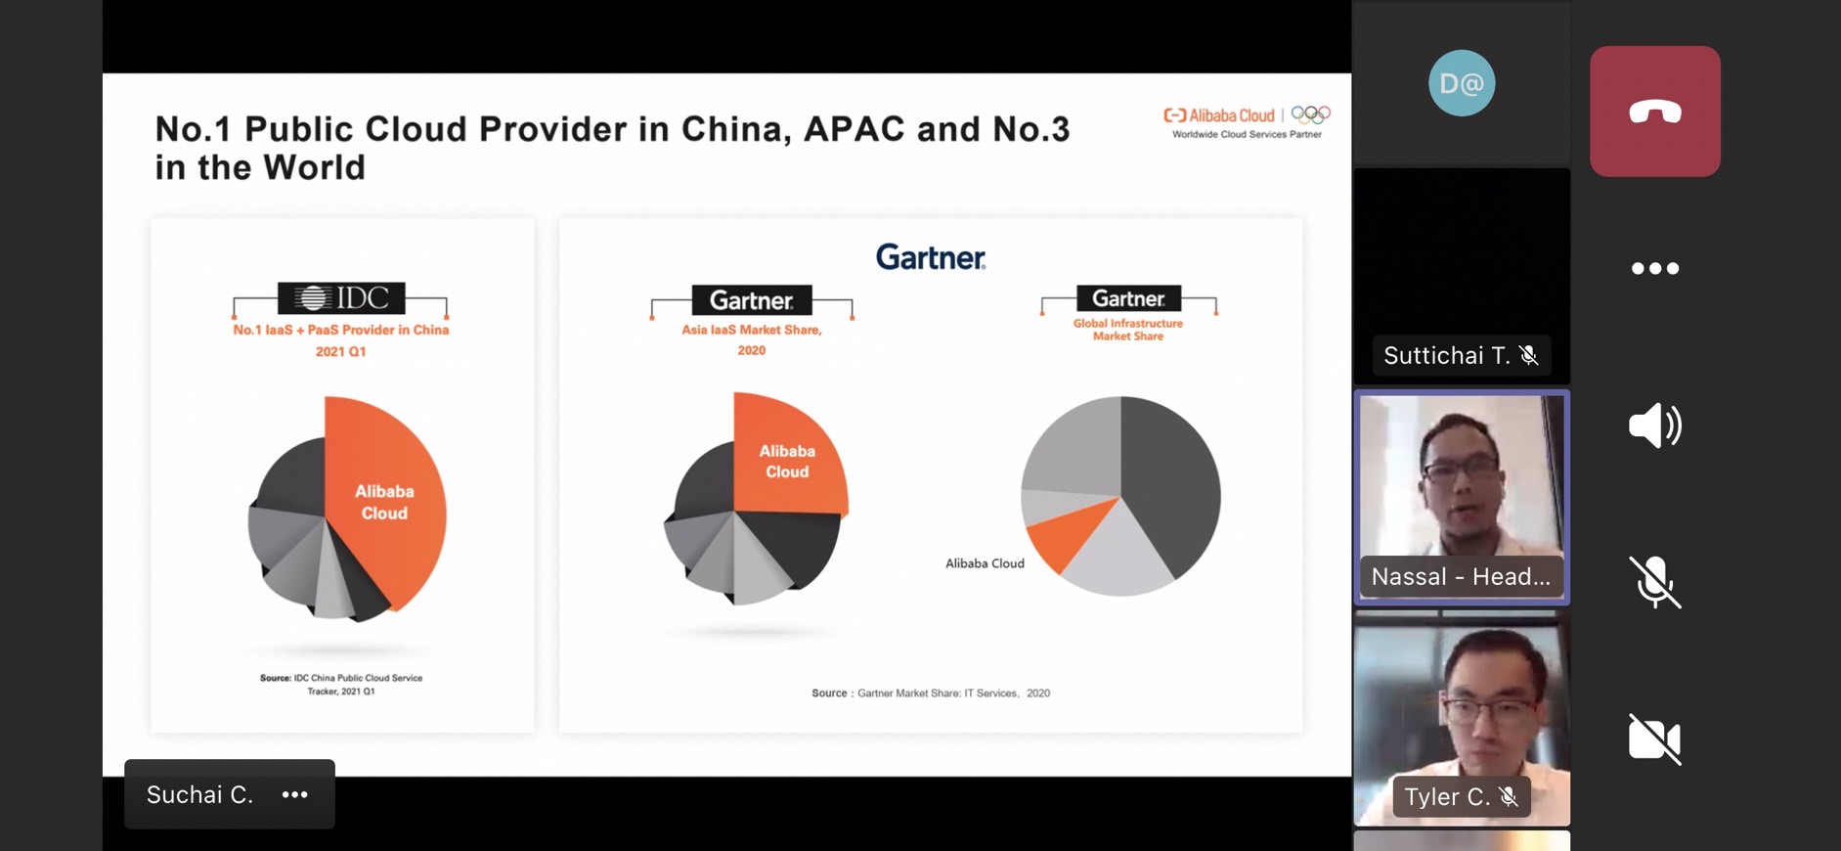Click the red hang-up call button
pos(1655,112)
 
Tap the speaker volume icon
pos(1655,425)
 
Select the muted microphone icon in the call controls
pos(1655,582)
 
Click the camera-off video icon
pos(1655,739)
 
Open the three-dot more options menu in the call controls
pos(1655,268)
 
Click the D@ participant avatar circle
pos(1462,83)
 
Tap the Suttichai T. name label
pos(1462,355)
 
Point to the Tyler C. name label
pos(1462,797)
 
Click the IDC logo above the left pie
pos(341,297)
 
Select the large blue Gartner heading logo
pos(931,257)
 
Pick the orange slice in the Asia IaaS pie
pos(787,455)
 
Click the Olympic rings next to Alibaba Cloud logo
pos(1311,114)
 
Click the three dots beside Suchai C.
pos(295,794)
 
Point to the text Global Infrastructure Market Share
pos(1128,330)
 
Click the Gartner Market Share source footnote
pos(931,693)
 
